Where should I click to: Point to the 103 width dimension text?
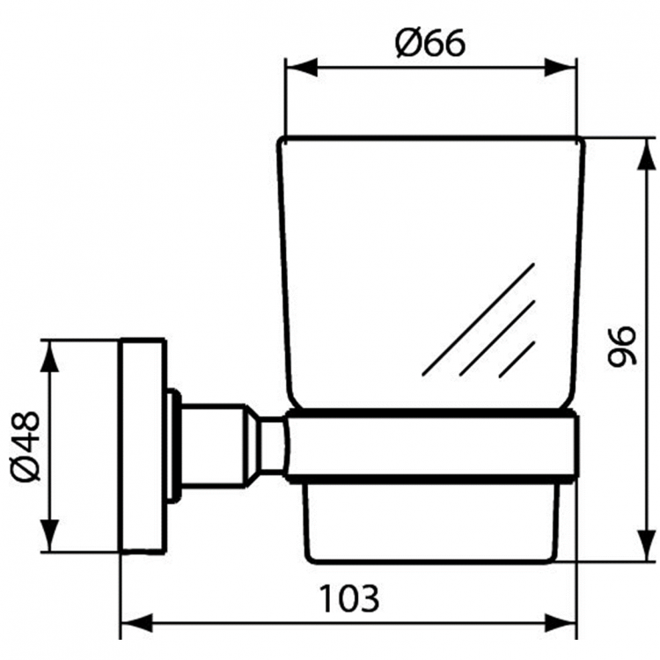pyautogui.click(x=349, y=598)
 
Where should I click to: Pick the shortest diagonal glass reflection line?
pyautogui.click(x=517, y=360)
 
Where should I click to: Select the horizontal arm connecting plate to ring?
pyautogui.click(x=216, y=445)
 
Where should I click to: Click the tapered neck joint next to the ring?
pyautogui.click(x=268, y=445)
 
